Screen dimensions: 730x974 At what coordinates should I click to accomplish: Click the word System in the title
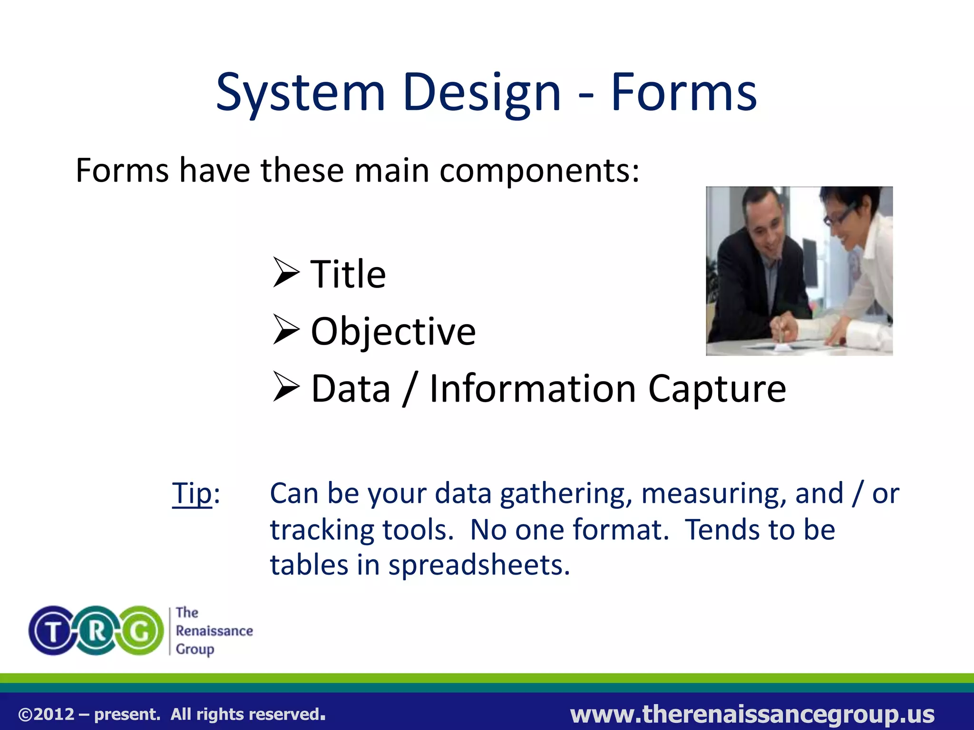[300, 93]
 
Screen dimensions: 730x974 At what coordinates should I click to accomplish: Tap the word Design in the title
[481, 93]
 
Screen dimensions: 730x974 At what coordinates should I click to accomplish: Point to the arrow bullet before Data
[286, 387]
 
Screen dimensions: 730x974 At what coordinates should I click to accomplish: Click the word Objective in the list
[393, 331]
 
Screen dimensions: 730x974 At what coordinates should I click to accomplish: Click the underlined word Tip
[192, 493]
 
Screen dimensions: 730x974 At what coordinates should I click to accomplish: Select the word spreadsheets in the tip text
[478, 565]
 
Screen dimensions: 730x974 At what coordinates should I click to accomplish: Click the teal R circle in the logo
[97, 631]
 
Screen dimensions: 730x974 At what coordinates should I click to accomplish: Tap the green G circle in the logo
[140, 631]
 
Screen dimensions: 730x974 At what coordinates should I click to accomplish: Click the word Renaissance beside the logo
[214, 631]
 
